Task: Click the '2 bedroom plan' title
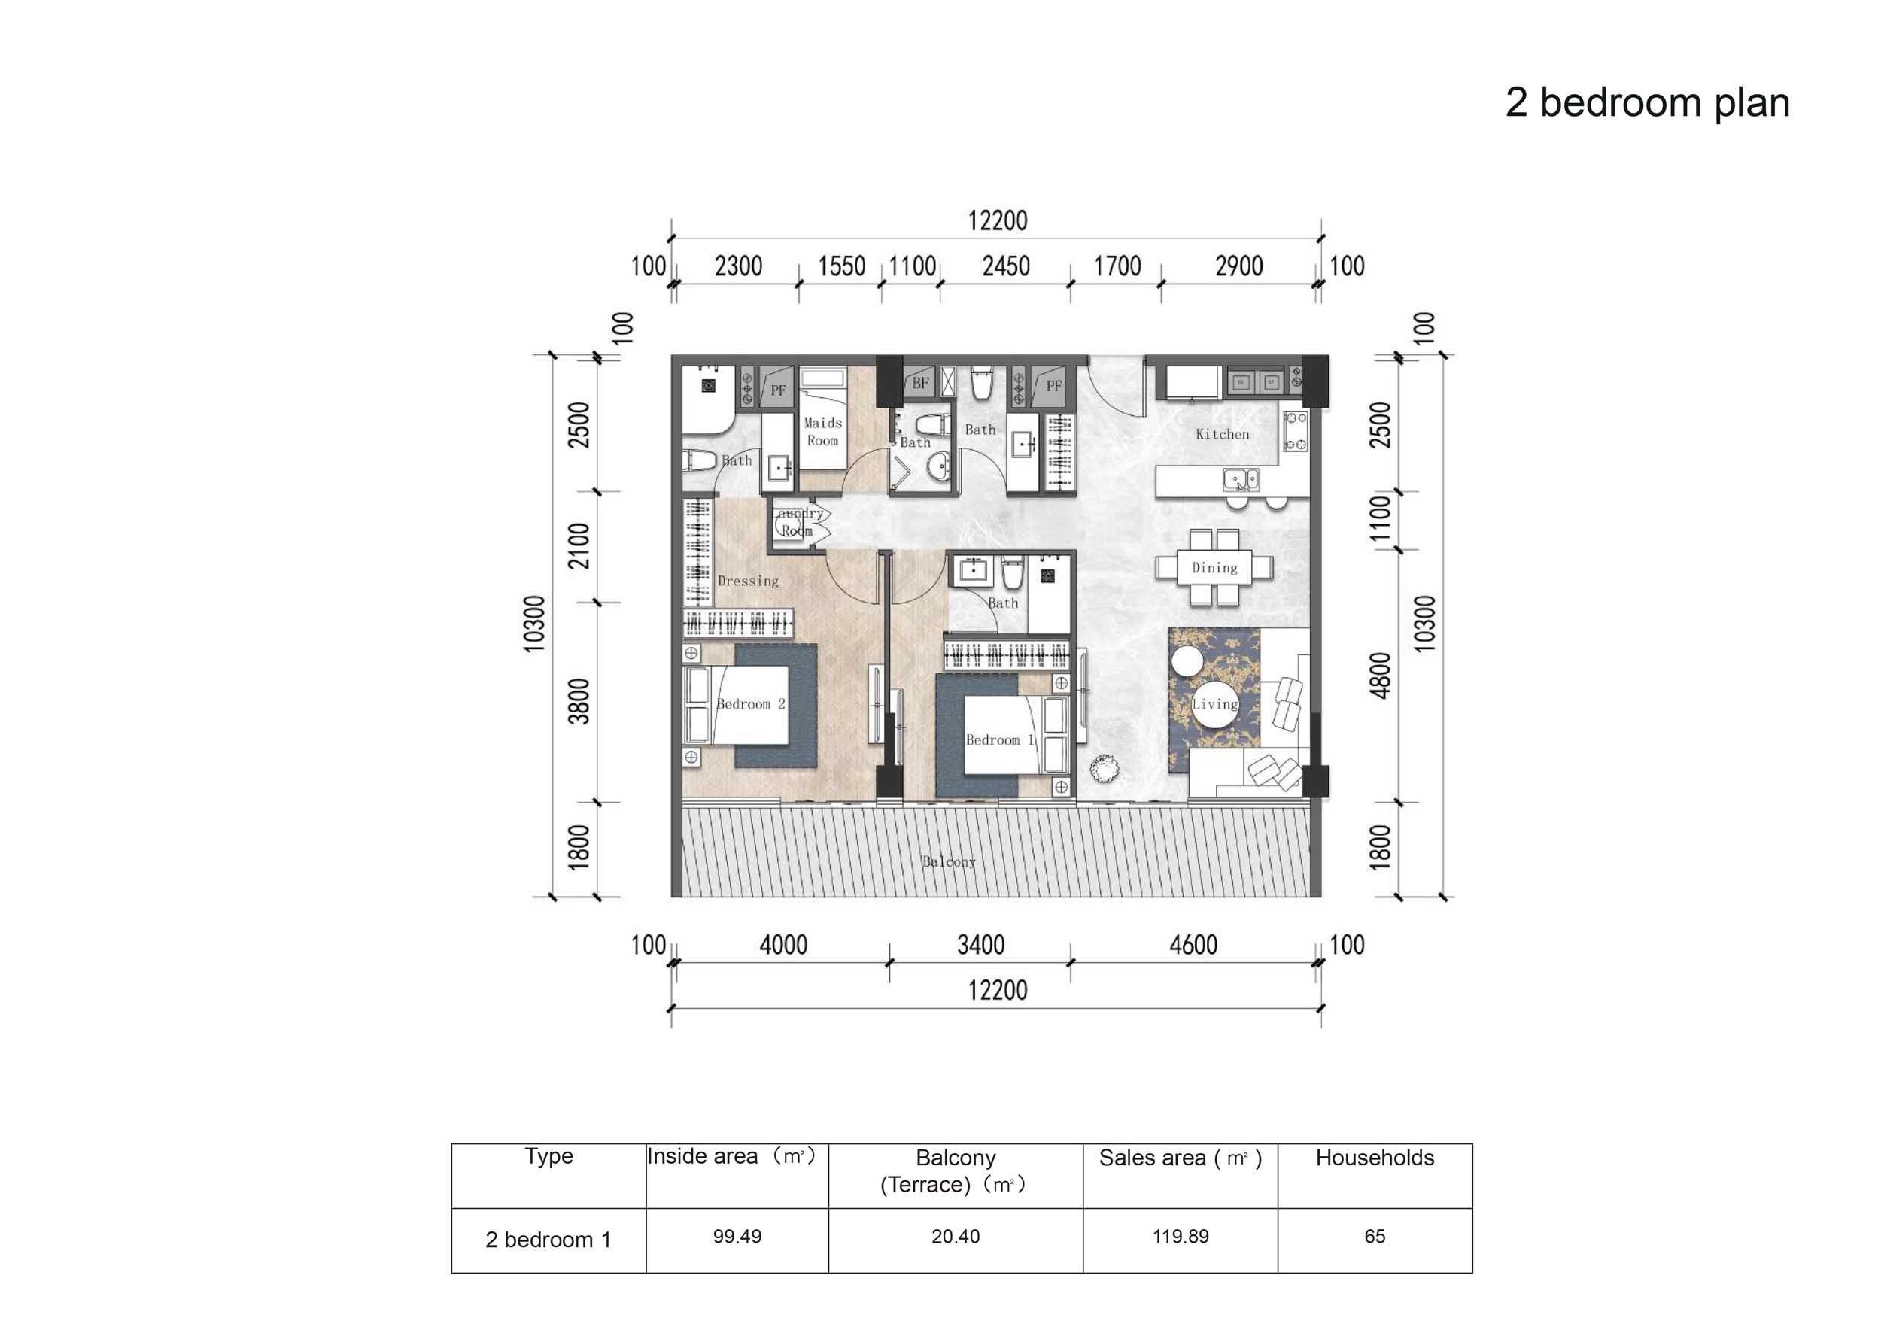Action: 1647,103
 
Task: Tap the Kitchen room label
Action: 1223,434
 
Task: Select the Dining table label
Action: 1214,567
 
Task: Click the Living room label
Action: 1214,704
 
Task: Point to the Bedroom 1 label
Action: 999,739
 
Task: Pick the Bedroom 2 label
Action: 750,703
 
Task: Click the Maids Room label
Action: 822,432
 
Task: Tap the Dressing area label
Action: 748,581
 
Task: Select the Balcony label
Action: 949,861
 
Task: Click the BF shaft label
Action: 920,383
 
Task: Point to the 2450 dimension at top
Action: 1005,266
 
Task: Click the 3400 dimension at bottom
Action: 980,945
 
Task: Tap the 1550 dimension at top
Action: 841,266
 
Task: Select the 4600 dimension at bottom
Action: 1193,945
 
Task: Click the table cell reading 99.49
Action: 737,1237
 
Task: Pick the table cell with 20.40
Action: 956,1237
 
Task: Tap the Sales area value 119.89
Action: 1180,1237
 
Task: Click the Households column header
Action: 1375,1158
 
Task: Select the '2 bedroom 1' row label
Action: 548,1240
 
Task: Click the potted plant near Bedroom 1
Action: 1104,768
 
